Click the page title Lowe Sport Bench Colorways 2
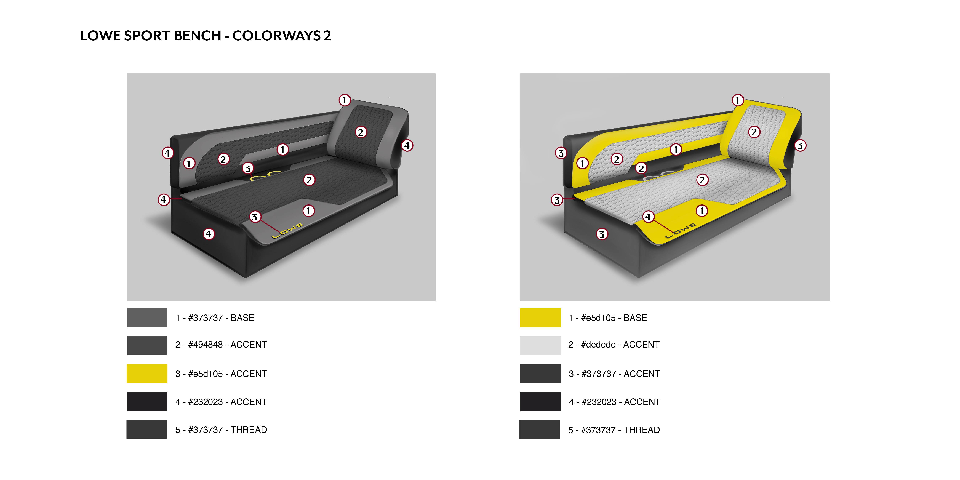(x=205, y=36)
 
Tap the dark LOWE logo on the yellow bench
(x=681, y=231)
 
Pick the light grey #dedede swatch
(x=540, y=345)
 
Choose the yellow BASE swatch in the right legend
(x=540, y=318)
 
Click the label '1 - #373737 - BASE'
(x=215, y=318)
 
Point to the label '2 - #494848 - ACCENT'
(x=221, y=345)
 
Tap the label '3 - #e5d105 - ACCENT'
(x=221, y=374)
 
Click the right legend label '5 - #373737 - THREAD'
(x=614, y=430)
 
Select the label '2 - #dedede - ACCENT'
(x=614, y=345)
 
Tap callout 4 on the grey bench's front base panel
(x=209, y=234)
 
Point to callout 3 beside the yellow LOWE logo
(x=255, y=217)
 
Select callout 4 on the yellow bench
(x=648, y=217)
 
